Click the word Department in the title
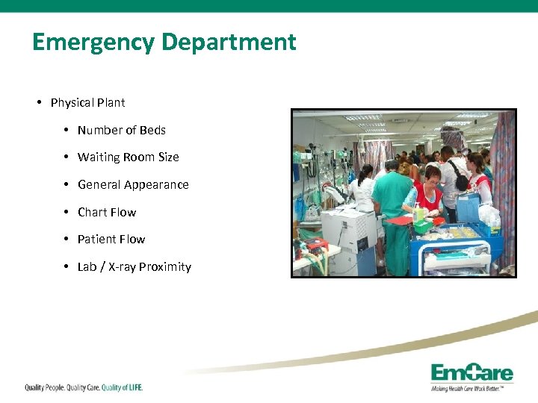229,42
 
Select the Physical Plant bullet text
87,102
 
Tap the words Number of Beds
121,130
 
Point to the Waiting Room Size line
128,157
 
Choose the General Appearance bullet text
133,184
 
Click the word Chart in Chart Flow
93,212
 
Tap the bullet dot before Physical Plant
38,102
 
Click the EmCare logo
471,372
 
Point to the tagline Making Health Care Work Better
471,388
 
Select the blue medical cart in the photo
456,250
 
